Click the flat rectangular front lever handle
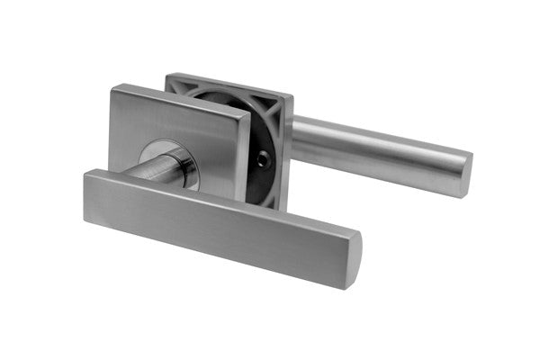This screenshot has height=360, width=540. pyautogui.click(x=216, y=220)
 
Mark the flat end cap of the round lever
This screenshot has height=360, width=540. pyautogui.click(x=464, y=175)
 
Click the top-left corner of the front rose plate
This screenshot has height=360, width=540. pyautogui.click(x=113, y=89)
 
